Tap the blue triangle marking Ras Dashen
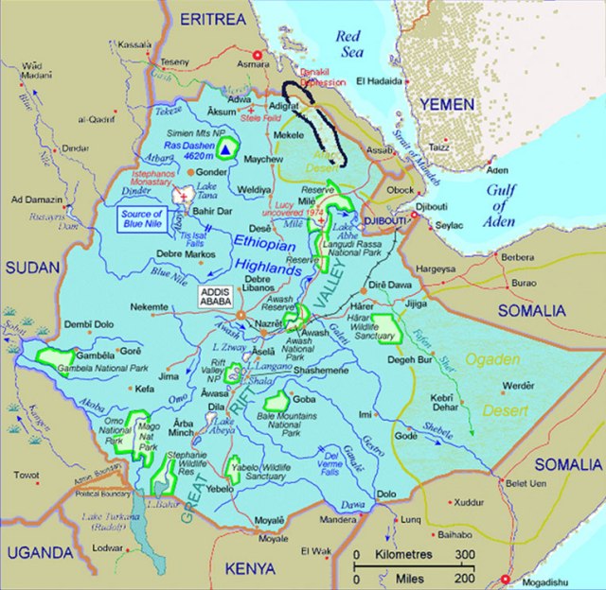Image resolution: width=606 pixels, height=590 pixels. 226,148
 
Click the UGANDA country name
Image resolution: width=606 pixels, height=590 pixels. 39,552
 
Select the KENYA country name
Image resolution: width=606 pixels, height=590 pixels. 250,568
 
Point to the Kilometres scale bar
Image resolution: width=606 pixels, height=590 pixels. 411,554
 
